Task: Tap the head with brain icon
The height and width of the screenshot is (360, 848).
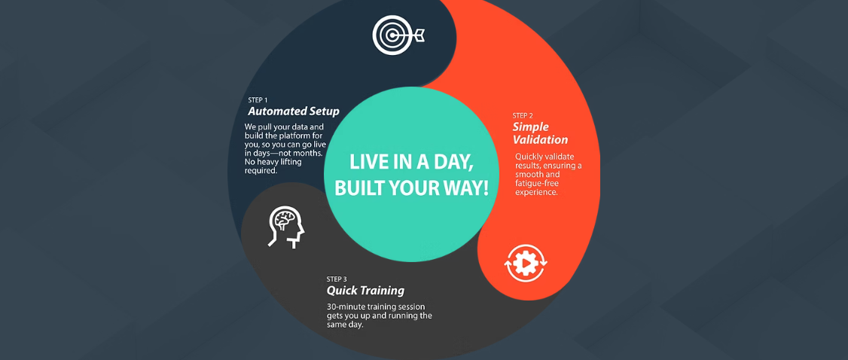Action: (x=287, y=227)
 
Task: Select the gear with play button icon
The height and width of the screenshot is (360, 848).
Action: (x=526, y=264)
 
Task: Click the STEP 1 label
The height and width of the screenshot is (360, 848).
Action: (x=258, y=100)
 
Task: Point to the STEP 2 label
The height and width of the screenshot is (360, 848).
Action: (x=523, y=116)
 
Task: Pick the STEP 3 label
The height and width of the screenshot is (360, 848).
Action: (x=337, y=279)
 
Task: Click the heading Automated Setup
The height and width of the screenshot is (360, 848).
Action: (x=294, y=112)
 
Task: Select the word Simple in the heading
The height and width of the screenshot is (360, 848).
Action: (x=530, y=127)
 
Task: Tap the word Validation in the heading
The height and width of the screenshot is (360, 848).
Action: (x=540, y=140)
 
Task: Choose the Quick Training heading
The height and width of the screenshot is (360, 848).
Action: (x=365, y=291)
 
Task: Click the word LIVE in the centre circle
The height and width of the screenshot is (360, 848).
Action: (x=366, y=163)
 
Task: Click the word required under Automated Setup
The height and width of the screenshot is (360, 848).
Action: (x=261, y=171)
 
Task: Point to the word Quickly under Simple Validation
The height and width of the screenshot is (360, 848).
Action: (x=529, y=157)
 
